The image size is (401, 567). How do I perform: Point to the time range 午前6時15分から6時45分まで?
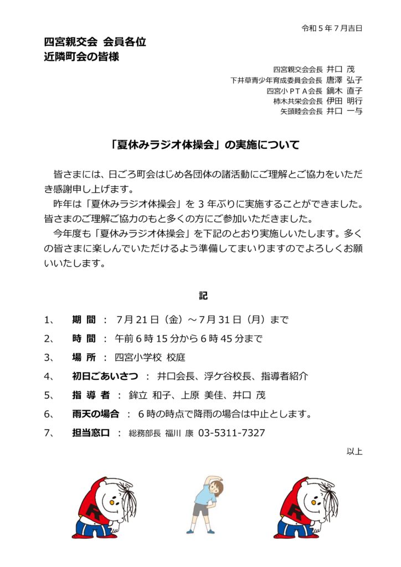point(188,339)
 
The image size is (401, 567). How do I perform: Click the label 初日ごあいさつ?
point(105,377)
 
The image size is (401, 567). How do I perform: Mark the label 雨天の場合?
point(95,414)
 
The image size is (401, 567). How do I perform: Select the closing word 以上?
point(354,451)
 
